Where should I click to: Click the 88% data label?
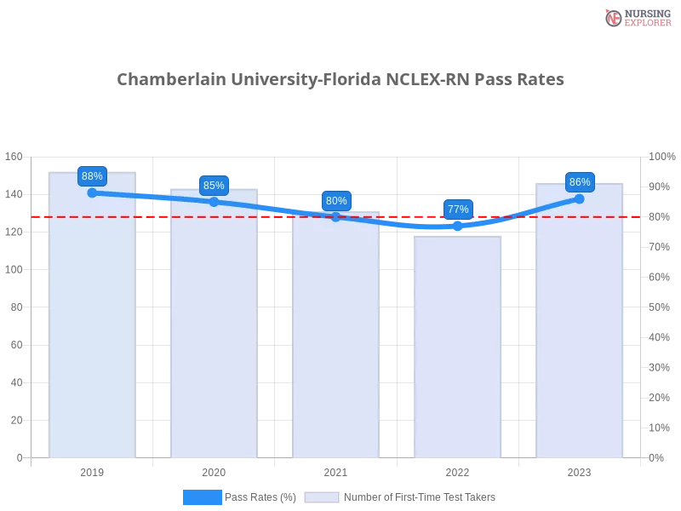92,176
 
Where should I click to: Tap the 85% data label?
214,186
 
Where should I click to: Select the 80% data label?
336,201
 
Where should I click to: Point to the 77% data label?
458,210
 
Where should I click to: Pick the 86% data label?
580,182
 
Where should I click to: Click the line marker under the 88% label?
92,192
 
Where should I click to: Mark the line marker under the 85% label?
214,202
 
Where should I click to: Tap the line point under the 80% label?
336,217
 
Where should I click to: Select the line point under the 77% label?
458,226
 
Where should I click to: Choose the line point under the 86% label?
580,198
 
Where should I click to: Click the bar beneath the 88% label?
92,324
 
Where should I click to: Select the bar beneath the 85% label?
214,332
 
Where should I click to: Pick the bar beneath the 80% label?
336,341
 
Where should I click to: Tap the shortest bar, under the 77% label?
458,349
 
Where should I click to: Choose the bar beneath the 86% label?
580,328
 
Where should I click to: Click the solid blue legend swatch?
203,497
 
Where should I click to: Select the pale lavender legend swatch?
322,497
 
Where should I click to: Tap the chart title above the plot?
340,80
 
